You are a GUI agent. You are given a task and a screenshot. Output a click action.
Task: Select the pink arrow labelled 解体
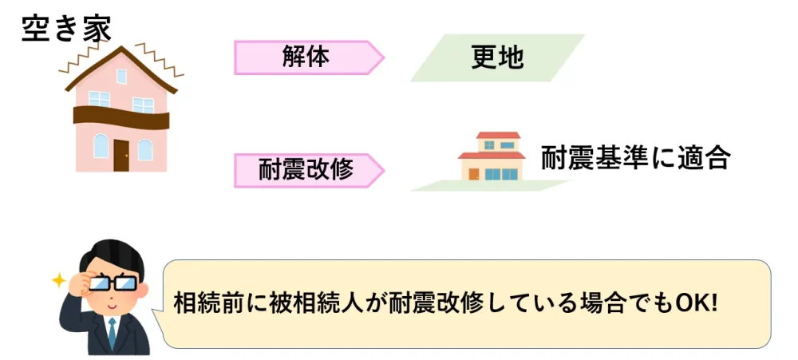[307, 57]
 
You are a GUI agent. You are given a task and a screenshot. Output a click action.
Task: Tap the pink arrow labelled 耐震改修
[307, 170]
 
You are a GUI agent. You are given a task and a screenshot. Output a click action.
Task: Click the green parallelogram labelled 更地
[497, 57]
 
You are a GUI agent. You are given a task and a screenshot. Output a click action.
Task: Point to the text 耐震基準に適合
[635, 157]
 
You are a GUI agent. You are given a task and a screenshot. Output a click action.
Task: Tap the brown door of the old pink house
[121, 155]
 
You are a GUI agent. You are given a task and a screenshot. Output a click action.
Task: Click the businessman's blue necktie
[112, 331]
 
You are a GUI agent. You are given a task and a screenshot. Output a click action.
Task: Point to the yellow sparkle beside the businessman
[58, 279]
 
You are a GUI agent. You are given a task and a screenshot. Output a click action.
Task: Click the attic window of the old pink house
[121, 77]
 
